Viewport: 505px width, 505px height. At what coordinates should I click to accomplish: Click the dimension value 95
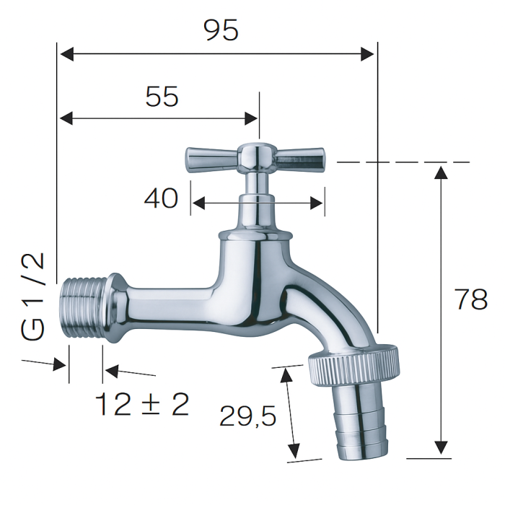pos(221,30)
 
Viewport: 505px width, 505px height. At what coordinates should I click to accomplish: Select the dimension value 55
pos(162,96)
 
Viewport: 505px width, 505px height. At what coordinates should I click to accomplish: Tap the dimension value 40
pos(161,198)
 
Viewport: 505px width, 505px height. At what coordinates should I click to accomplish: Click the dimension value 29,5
pos(248,416)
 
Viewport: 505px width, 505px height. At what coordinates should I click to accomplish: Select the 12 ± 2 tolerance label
pos(142,405)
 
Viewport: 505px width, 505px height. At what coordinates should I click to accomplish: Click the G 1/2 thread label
pos(33,297)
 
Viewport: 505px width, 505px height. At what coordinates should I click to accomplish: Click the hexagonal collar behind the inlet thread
pos(119,309)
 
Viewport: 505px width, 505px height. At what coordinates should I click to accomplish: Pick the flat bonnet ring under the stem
pos(255,235)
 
